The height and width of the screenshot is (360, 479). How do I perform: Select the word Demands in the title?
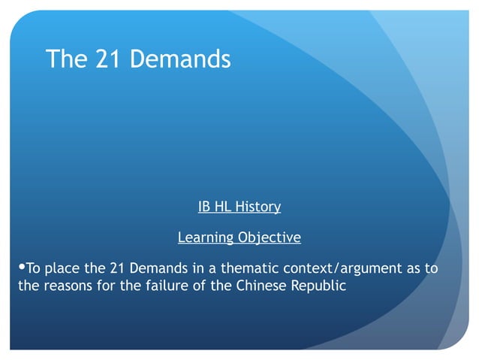[x=181, y=59]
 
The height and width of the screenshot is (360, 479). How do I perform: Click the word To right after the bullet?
[x=34, y=268]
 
